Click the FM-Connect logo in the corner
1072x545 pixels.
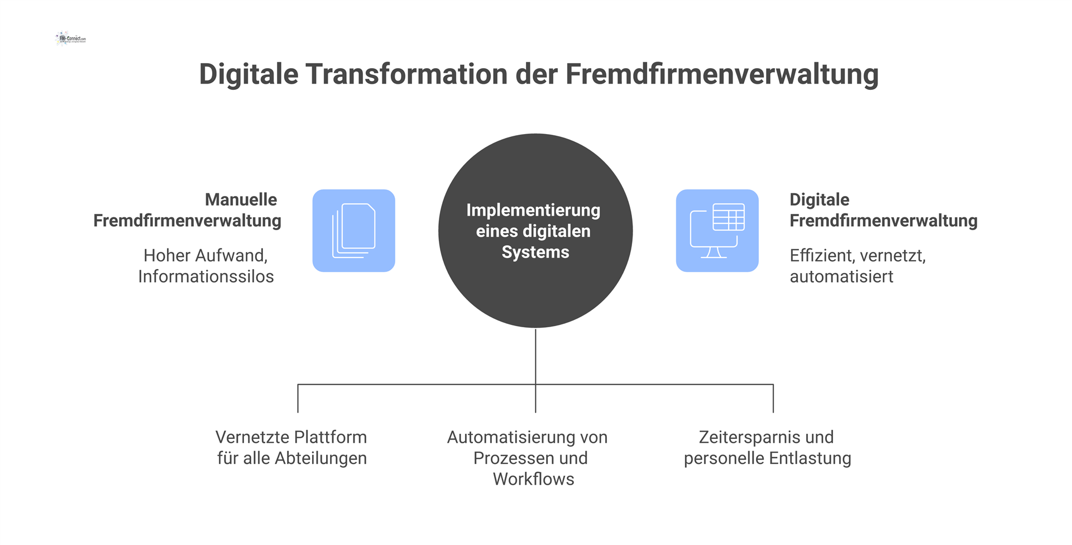pos(71,39)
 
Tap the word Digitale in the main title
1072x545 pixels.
pos(248,74)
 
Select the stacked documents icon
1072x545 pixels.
pos(353,231)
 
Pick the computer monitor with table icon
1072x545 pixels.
pos(717,231)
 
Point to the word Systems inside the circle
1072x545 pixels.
pos(535,252)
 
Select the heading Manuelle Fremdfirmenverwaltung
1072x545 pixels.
pos(187,210)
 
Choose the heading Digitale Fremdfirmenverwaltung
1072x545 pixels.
pos(883,210)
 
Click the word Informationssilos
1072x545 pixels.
pos(206,276)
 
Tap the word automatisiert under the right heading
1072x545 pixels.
pos(841,276)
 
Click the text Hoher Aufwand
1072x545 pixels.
pos(204,255)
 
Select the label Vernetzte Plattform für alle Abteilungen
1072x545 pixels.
pos(291,447)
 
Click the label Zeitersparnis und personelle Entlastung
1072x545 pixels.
pos(767,447)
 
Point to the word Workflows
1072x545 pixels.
pos(533,479)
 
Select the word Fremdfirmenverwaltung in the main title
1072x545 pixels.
pos(721,74)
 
